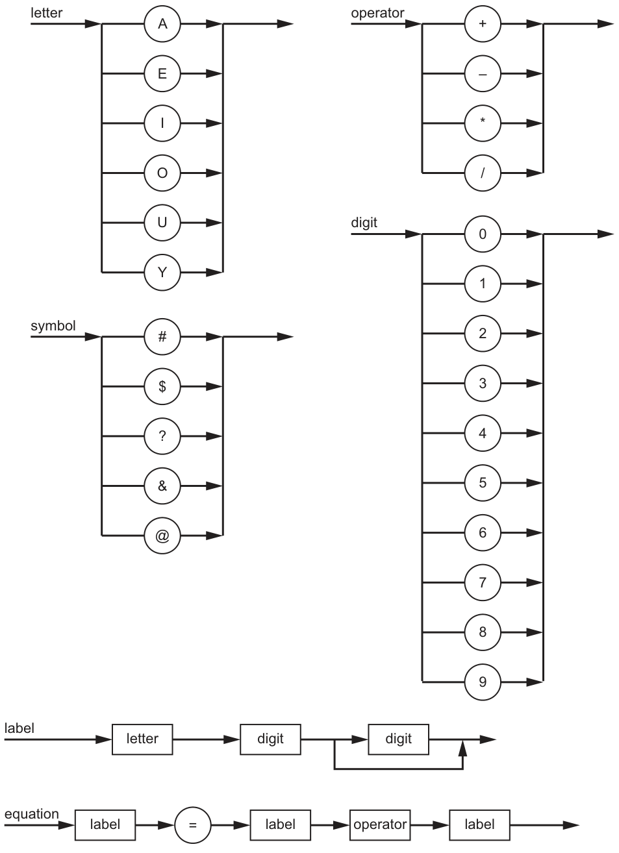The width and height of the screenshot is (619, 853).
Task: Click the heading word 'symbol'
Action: pyautogui.click(x=53, y=326)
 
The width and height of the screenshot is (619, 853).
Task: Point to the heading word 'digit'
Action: pyautogui.click(x=364, y=223)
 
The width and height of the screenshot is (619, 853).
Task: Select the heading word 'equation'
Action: pyautogui.click(x=32, y=814)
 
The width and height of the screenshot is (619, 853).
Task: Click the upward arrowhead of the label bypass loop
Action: pyautogui.click(x=463, y=748)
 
